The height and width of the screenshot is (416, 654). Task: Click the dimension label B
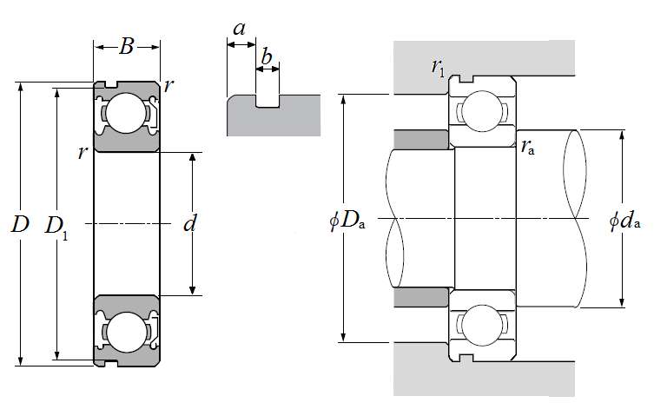click(127, 47)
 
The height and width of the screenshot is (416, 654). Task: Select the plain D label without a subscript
click(20, 224)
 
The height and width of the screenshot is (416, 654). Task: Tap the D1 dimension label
click(56, 228)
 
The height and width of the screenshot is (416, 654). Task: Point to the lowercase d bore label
click(190, 223)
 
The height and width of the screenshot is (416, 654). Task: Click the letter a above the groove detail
click(240, 30)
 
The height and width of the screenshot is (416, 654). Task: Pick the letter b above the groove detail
click(266, 56)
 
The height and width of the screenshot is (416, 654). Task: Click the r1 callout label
click(439, 67)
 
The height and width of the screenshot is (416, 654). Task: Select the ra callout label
click(527, 148)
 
